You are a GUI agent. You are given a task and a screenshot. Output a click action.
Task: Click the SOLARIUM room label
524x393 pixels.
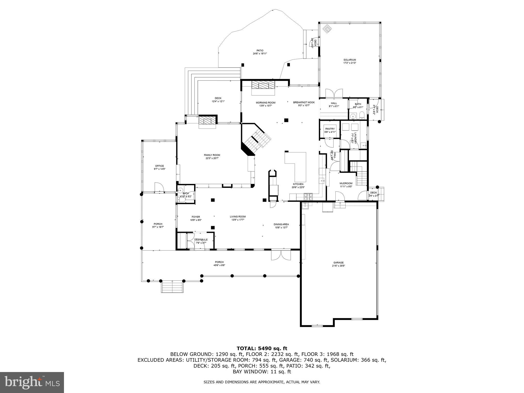(x=350, y=60)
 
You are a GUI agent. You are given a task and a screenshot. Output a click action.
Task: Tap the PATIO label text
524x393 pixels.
(x=260, y=50)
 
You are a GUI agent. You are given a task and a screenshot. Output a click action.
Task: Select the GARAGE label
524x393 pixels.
(x=338, y=263)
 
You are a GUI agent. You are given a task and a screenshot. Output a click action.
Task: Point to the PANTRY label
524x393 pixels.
(x=330, y=129)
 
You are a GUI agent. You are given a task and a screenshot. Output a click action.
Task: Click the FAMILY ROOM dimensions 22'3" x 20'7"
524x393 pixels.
(x=212, y=158)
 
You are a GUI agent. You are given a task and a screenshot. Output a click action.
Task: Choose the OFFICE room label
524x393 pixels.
(x=159, y=166)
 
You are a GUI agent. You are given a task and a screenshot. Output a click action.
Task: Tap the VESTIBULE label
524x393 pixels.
(x=201, y=240)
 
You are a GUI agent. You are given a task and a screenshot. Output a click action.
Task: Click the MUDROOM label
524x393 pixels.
(x=346, y=183)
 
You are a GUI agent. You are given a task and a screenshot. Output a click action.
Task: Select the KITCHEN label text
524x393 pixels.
(x=298, y=184)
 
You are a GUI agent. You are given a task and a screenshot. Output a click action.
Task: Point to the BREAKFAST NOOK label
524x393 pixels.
(x=304, y=102)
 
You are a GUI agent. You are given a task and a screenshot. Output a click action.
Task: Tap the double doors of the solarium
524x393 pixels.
(x=334, y=93)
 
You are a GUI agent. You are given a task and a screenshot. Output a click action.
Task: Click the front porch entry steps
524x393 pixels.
(x=172, y=286)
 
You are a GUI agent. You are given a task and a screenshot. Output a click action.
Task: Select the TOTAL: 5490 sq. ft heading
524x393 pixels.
(x=262, y=348)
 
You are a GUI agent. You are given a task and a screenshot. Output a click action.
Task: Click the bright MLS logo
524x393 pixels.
(x=32, y=382)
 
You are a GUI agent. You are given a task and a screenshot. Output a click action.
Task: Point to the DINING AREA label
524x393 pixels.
(x=281, y=224)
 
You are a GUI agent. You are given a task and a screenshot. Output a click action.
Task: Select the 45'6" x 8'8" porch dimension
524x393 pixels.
(x=219, y=265)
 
